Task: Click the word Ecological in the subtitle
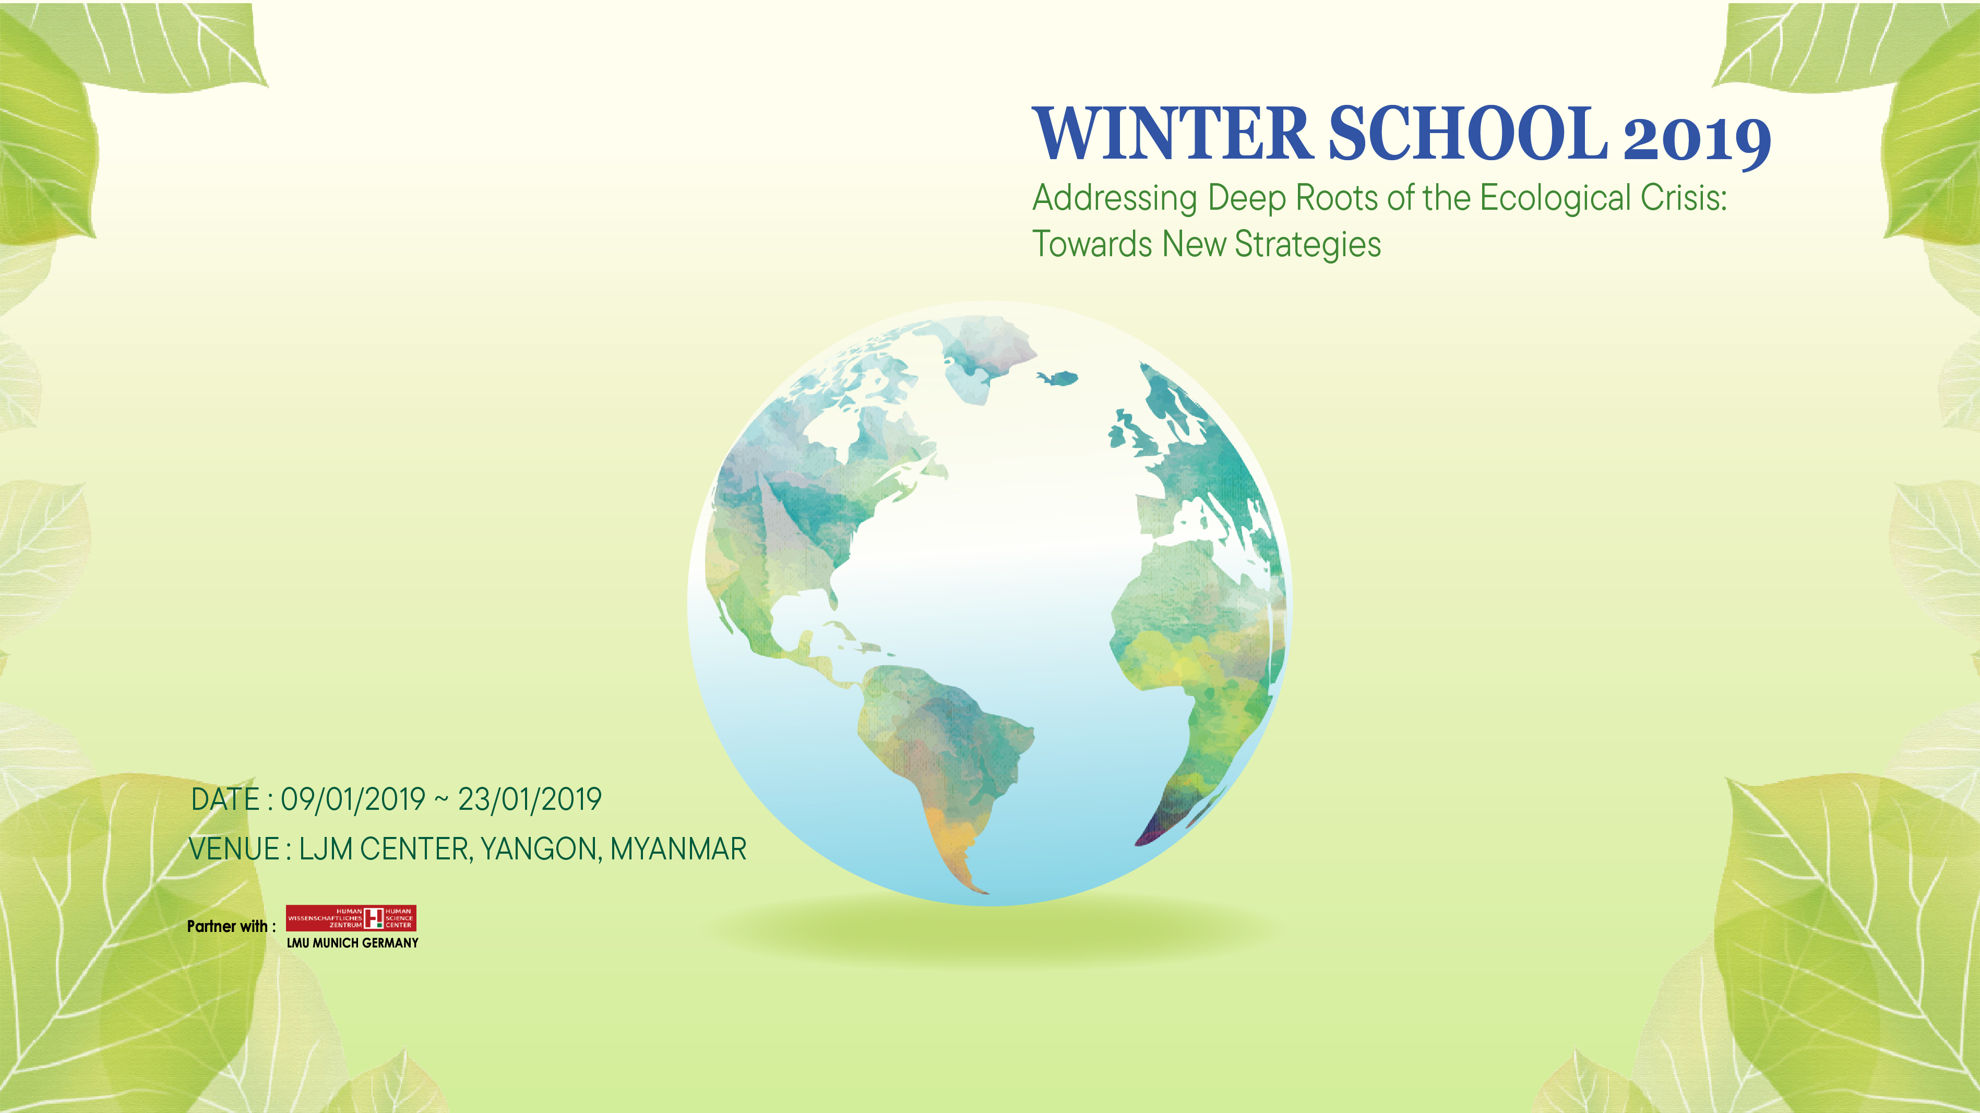tap(1555, 198)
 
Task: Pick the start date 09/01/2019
tap(353, 799)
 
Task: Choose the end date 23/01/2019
tap(530, 799)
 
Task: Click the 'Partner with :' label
tap(231, 926)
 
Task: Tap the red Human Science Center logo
tap(351, 918)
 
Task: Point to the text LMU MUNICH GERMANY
tap(353, 943)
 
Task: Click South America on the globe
tap(946, 761)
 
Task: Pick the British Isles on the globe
tap(1128, 434)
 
